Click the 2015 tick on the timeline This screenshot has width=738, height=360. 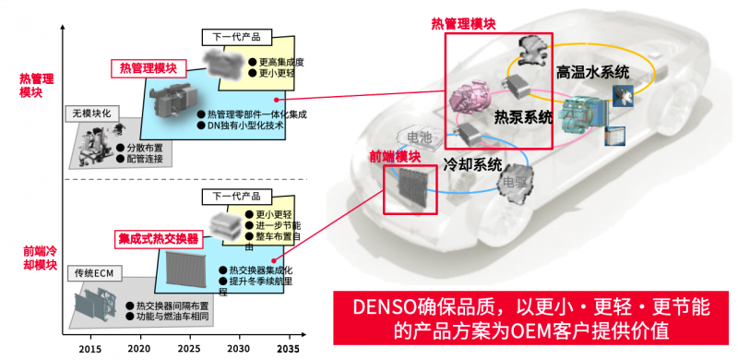[x=90, y=350]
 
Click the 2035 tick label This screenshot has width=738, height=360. [x=289, y=350]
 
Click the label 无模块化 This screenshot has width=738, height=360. [x=93, y=114]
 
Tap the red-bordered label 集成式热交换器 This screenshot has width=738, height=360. [x=159, y=238]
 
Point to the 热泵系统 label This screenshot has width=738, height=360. [x=523, y=118]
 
